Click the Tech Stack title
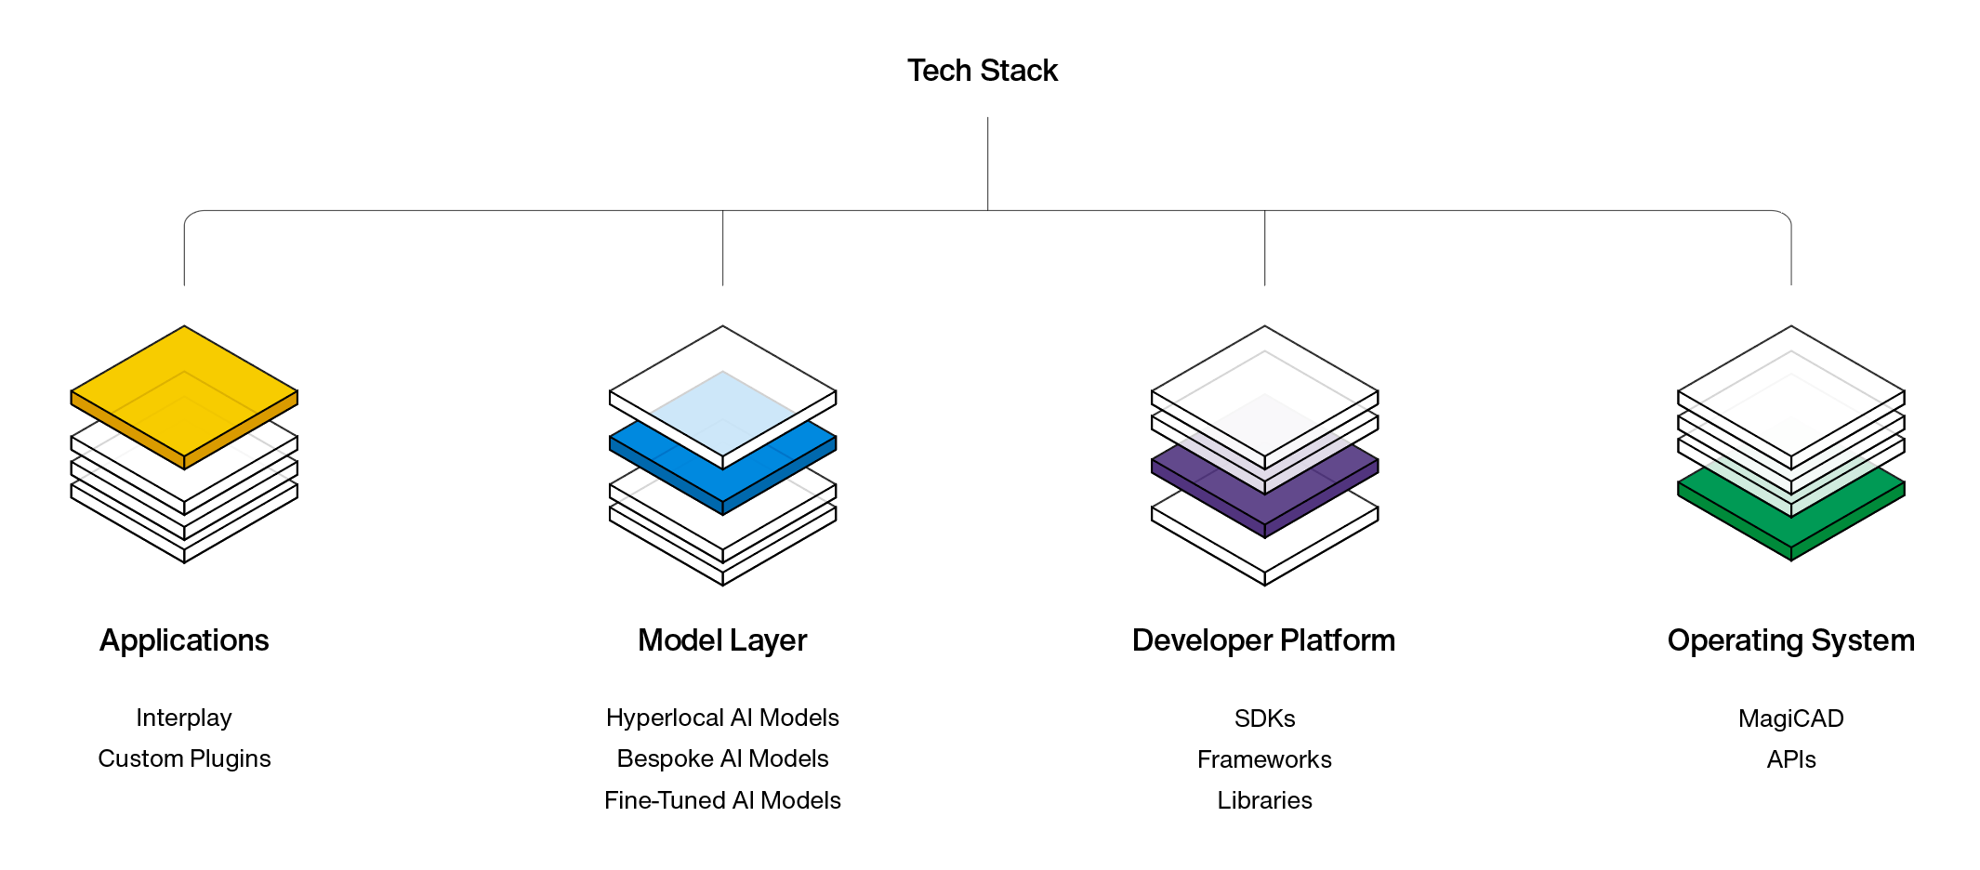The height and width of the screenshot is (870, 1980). [983, 71]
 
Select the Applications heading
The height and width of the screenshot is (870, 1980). [184, 640]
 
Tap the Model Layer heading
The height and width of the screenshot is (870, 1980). [722, 640]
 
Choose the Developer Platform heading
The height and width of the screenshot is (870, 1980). [1263, 640]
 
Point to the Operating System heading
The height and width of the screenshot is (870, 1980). [1790, 640]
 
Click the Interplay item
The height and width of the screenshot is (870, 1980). [184, 718]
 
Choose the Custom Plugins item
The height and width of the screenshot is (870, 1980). [184, 758]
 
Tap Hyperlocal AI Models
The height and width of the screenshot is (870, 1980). [722, 718]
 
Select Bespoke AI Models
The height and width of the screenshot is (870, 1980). [722, 758]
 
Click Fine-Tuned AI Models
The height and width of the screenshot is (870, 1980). [722, 800]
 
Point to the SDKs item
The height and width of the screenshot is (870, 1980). [1264, 718]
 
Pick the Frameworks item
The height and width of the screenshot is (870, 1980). [1264, 759]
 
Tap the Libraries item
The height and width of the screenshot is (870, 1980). [1264, 800]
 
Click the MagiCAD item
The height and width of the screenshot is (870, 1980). [1790, 718]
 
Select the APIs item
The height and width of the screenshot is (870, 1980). [1790, 759]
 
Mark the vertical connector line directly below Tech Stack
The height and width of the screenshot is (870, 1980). [987, 163]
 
